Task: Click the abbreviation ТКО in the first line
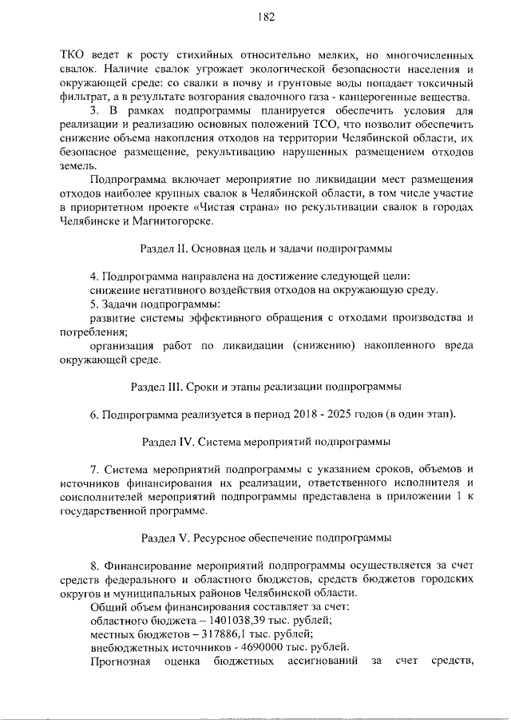coord(74,57)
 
